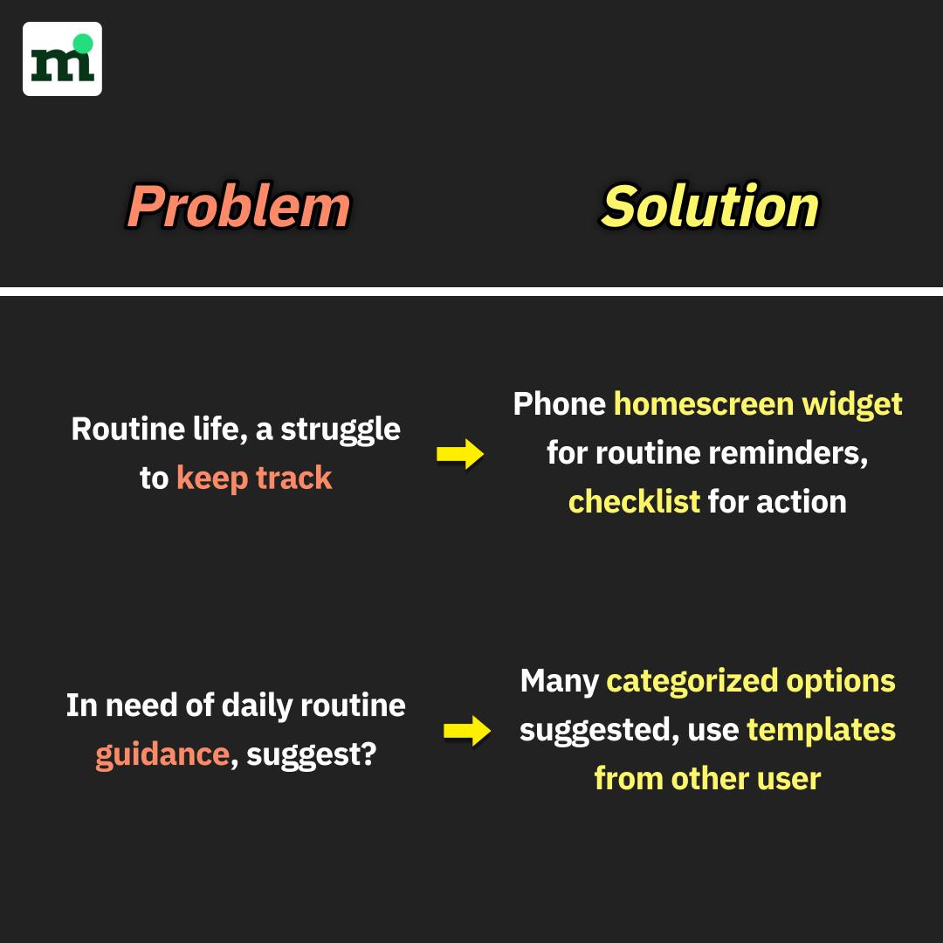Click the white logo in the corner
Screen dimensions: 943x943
[x=62, y=59]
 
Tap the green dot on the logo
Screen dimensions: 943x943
[x=82, y=44]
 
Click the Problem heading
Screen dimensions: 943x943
[x=238, y=206]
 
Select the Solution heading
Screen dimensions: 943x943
[x=710, y=206]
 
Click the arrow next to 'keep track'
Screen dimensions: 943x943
[x=460, y=454]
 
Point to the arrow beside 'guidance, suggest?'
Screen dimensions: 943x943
[x=467, y=731]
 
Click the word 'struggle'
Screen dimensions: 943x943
[x=341, y=430]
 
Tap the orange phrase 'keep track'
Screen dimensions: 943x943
[x=254, y=478]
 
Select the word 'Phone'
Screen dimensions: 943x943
[x=560, y=403]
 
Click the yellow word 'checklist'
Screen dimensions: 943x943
[x=634, y=501]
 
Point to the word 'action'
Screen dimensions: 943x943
[x=801, y=502]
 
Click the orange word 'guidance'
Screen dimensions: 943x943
[x=162, y=755]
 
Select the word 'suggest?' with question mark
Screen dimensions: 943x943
[x=312, y=755]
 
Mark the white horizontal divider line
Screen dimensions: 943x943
[x=471, y=292]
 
